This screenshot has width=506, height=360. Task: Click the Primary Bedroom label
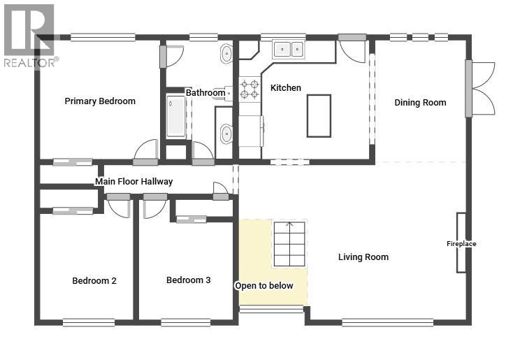(100, 101)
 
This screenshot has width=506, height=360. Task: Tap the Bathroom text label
(205, 93)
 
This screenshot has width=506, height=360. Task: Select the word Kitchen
(286, 88)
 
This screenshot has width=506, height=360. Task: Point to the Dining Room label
(420, 103)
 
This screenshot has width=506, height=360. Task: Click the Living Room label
(363, 257)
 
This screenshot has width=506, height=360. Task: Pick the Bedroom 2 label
(94, 280)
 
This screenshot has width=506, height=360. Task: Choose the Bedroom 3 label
(189, 280)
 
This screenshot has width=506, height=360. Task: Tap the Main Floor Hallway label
(134, 182)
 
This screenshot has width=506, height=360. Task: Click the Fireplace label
(461, 244)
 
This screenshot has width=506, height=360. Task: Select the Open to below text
(264, 286)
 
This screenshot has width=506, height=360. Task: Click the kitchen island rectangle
(319, 116)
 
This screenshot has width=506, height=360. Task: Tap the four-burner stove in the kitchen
(250, 89)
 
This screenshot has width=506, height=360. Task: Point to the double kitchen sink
(288, 50)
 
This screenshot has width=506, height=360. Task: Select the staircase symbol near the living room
(289, 244)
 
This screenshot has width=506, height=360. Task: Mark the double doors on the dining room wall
(481, 88)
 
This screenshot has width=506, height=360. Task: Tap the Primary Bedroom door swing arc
(145, 149)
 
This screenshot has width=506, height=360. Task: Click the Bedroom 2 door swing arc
(119, 209)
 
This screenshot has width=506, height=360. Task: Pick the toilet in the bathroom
(225, 94)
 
